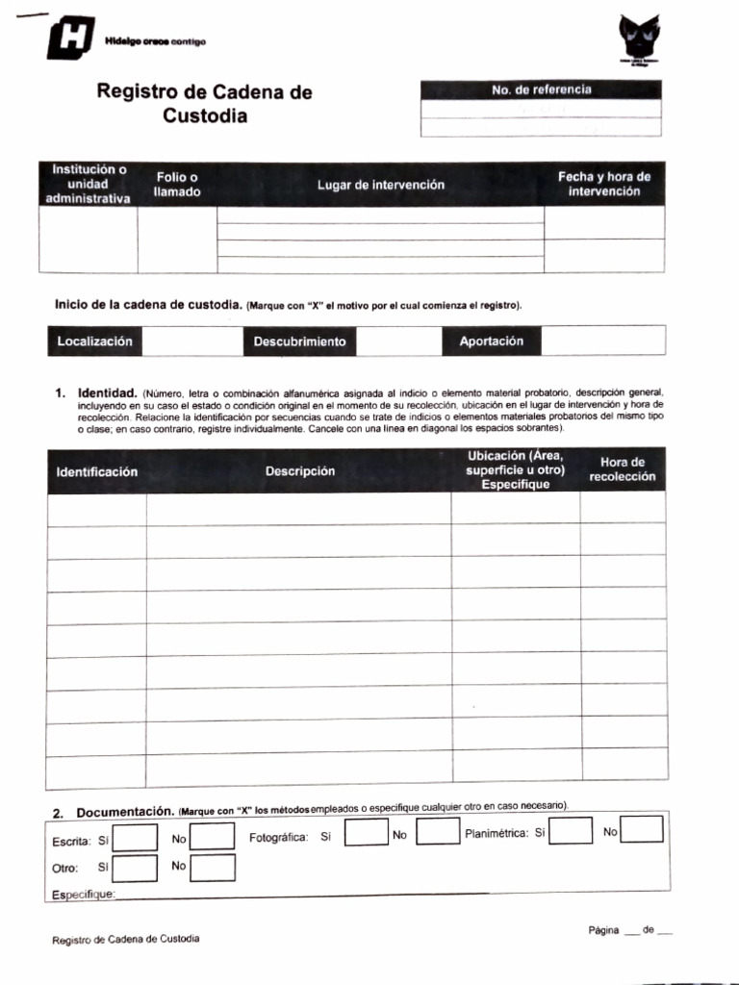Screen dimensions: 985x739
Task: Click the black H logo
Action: (x=70, y=39)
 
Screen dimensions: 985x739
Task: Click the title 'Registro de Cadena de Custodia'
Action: (x=204, y=104)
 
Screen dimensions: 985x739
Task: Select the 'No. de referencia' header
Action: (x=541, y=89)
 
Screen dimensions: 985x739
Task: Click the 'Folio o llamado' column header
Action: (x=177, y=185)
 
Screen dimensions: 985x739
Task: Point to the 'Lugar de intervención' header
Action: (x=381, y=185)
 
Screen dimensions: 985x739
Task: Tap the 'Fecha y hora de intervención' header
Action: (x=604, y=184)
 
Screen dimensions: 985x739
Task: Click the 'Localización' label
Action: (x=94, y=341)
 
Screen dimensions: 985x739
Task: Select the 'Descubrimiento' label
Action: (x=299, y=341)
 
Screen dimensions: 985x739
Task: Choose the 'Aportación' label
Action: (x=492, y=341)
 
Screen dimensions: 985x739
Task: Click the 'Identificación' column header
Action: (x=97, y=471)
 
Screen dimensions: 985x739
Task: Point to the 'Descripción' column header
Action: (x=300, y=471)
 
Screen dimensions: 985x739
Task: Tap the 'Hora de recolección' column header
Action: (x=622, y=469)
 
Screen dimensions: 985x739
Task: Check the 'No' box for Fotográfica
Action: (x=437, y=832)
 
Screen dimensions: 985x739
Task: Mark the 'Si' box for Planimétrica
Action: (x=571, y=830)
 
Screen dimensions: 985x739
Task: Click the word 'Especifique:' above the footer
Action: (x=83, y=895)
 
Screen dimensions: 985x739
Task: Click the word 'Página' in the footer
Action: (x=603, y=930)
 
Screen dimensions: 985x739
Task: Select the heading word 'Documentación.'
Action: (x=125, y=813)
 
